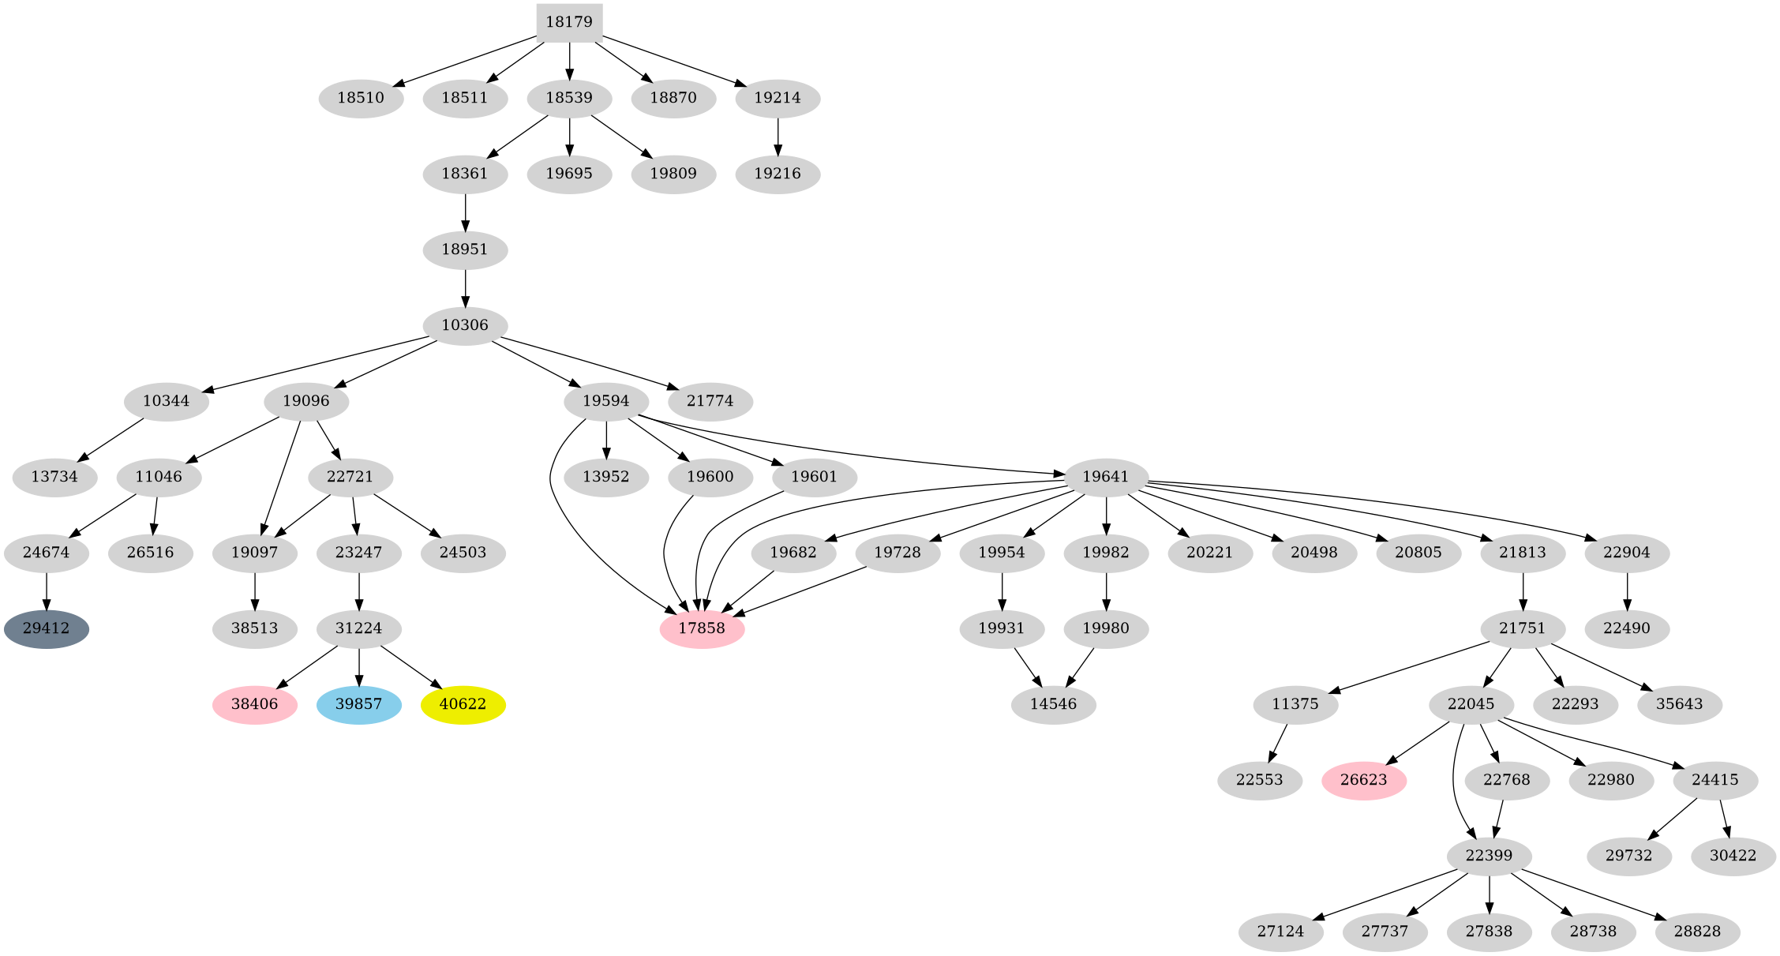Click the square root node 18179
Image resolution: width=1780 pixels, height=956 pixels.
(569, 22)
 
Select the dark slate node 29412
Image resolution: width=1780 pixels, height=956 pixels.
(47, 629)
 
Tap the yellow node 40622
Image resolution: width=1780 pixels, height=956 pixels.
(463, 704)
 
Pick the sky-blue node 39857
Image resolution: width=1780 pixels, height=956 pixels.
(359, 704)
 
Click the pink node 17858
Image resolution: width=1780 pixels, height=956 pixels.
(702, 629)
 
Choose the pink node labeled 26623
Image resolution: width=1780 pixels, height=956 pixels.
(1364, 780)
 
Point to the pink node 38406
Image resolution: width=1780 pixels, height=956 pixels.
(255, 704)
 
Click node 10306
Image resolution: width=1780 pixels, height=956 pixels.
(465, 325)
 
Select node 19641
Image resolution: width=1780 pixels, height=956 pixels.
(1106, 477)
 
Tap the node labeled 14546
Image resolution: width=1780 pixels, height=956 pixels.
(1054, 704)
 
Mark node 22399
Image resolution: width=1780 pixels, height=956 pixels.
(1490, 856)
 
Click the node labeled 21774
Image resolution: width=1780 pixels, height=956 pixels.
(710, 401)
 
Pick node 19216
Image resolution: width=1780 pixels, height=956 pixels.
(778, 174)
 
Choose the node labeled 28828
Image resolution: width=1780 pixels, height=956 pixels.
(1698, 932)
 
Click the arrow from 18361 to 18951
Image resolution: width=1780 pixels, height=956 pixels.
(465, 212)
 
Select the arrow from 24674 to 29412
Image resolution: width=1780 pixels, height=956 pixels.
(47, 590)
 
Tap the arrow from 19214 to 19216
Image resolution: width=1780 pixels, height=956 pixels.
(778, 136)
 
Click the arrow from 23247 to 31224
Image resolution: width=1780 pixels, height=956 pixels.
(359, 590)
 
